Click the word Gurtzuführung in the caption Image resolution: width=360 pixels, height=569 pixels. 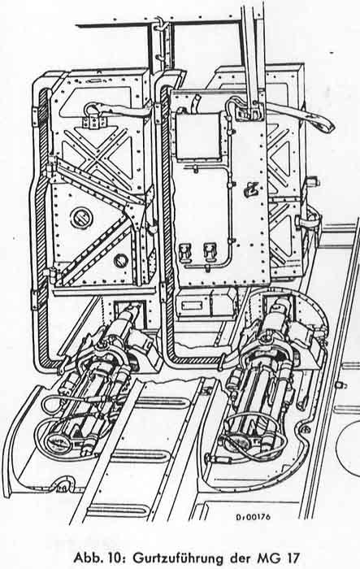[180, 557]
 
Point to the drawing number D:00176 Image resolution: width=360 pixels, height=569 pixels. [252, 517]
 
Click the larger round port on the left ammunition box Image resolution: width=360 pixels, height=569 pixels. [81, 217]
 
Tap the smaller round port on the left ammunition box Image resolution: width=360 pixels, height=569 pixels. [121, 260]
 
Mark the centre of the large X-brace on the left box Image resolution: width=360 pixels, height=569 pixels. [98, 158]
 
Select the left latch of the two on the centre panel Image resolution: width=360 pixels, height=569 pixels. [185, 250]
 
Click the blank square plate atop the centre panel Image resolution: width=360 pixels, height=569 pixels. [198, 136]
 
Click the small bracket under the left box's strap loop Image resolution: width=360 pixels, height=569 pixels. [94, 122]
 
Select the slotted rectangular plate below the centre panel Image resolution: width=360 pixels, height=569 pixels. [192, 306]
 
